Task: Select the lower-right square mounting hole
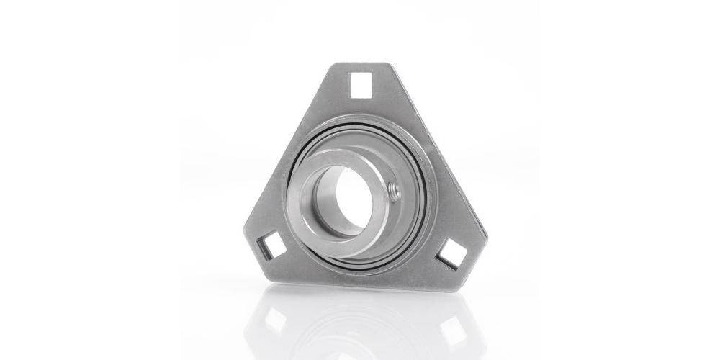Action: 452,253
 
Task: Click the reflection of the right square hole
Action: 454,328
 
